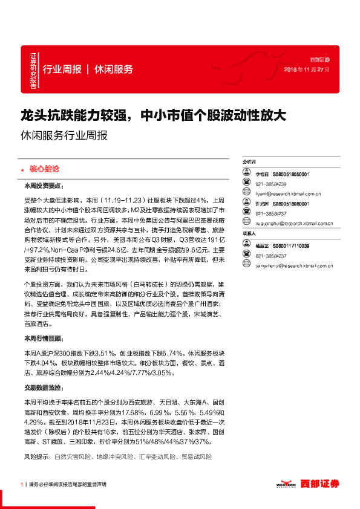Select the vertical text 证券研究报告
[x=33, y=71]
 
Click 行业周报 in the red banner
[x=62, y=70]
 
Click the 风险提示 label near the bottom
[x=37, y=458]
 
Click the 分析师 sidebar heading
[x=249, y=163]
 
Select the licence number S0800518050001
[x=290, y=173]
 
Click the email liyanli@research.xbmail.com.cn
[x=287, y=194]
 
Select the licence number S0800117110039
[x=290, y=246]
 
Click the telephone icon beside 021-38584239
[x=246, y=183]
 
